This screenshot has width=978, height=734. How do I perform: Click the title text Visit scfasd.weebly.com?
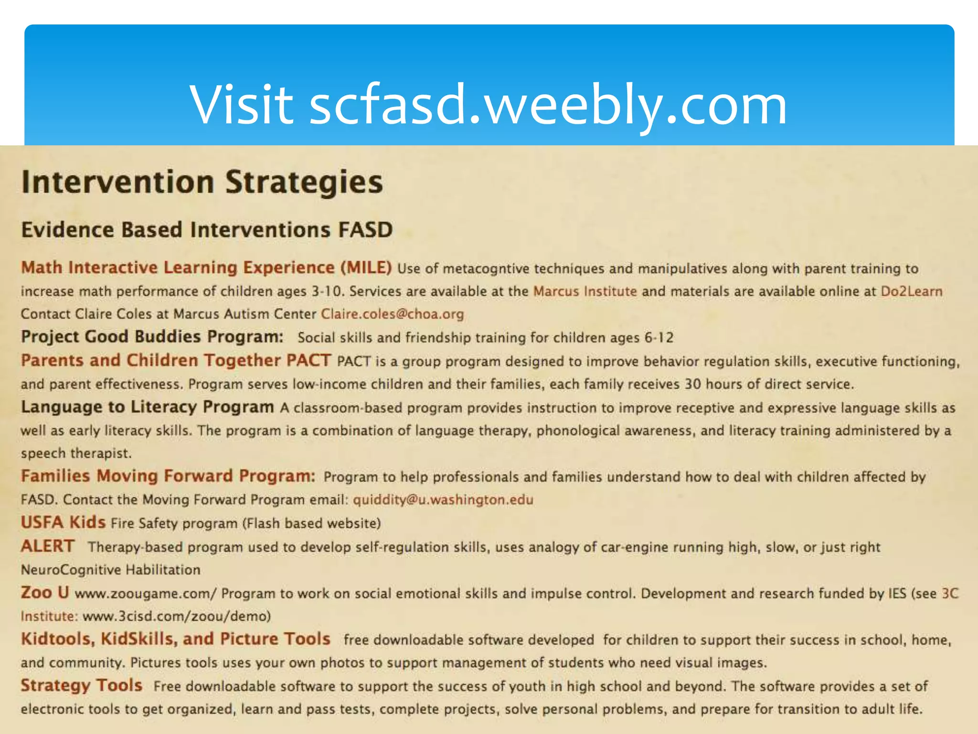tap(488, 105)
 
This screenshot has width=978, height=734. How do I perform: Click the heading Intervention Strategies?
tap(202, 182)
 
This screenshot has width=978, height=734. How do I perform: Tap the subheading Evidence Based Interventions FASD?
tap(207, 230)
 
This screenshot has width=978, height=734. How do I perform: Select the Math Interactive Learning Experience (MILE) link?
tap(206, 268)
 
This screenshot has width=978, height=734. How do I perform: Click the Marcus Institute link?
tap(585, 291)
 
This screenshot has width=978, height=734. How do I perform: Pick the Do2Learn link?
tap(911, 291)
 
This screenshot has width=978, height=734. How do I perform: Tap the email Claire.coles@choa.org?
tap(392, 314)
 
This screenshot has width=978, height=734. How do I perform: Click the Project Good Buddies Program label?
tap(152, 337)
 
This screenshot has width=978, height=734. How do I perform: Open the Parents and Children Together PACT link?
tap(176, 360)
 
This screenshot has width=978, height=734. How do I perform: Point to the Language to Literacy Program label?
tap(147, 407)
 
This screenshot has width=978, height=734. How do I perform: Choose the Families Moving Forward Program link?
tap(168, 476)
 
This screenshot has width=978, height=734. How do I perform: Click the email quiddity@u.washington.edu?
tap(443, 500)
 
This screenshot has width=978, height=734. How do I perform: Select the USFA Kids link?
tap(63, 522)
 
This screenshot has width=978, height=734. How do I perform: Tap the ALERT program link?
tap(48, 546)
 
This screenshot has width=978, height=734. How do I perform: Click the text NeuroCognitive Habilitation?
tap(110, 570)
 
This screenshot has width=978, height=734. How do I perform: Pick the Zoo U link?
tap(45, 593)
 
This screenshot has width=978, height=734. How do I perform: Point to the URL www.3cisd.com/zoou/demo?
tap(176, 616)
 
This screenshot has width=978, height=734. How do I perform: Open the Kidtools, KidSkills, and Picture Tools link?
tap(175, 639)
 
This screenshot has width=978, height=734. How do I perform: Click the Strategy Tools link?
tap(81, 686)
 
